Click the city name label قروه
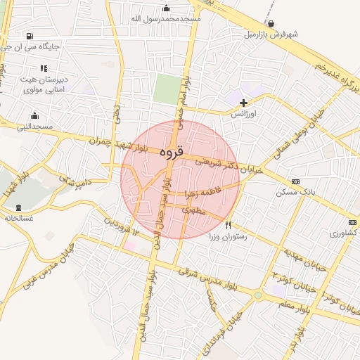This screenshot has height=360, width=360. coord(172,151)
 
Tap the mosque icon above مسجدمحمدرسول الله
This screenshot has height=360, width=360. coord(166,8)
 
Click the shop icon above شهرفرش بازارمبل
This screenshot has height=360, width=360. coord(271,23)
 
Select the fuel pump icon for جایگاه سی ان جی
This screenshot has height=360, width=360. coord(28,37)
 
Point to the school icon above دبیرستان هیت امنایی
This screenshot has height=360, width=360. coord(44,68)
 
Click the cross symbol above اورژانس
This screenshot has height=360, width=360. coord(244,103)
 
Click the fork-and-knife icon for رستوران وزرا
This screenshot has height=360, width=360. coord(228,226)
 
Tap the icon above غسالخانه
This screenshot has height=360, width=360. coord(19,207)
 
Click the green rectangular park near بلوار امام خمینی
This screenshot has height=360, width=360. coord(167,89)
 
